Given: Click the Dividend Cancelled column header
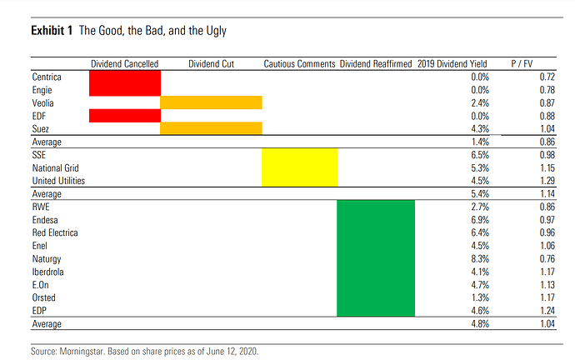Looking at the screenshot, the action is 125,64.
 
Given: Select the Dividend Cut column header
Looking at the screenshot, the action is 211,64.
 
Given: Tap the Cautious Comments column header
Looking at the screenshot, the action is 299,64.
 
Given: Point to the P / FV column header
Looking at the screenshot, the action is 522,64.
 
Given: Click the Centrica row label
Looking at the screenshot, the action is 47,77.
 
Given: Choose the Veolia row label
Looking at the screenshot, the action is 42,103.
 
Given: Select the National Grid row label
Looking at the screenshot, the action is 55,167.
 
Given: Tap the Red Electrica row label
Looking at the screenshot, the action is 55,232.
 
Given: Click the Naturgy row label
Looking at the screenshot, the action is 47,259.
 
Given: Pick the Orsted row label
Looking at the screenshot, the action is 43,297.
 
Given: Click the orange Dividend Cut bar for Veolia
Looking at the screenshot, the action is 211,102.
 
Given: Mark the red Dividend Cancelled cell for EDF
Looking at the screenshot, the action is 125,116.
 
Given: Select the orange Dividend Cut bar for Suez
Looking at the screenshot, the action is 211,128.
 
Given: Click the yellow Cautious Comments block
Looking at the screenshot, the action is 300,167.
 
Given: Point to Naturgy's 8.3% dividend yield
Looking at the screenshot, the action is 480,259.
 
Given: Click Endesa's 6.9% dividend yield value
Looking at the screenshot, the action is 480,220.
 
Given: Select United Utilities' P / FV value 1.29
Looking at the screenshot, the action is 547,181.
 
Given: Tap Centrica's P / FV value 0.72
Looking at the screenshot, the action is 547,77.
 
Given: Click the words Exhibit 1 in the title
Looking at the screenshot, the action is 52,31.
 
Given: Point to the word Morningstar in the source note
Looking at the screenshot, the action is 82,352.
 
